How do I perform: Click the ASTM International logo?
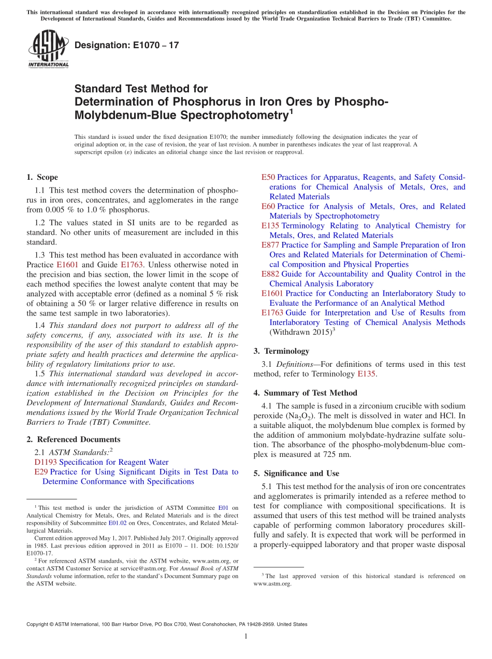pyautogui.click(x=48, y=50)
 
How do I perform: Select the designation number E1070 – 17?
pyautogui.click(x=127, y=45)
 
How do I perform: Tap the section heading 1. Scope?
pyautogui.click(x=42, y=177)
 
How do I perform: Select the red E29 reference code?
pyautogui.click(x=41, y=472)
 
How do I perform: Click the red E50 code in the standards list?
pyautogui.click(x=268, y=177)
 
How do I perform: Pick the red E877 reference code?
pyautogui.click(x=270, y=245)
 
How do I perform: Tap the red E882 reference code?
pyautogui.click(x=270, y=274)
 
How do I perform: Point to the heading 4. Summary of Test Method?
pyautogui.click(x=305, y=393)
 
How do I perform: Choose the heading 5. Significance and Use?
pyautogui.click(x=296, y=474)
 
